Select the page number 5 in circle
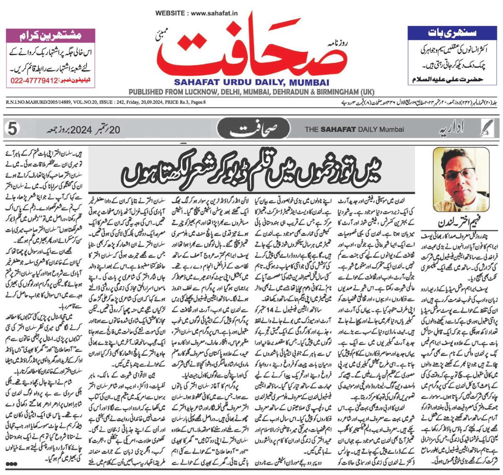pos(13,129)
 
